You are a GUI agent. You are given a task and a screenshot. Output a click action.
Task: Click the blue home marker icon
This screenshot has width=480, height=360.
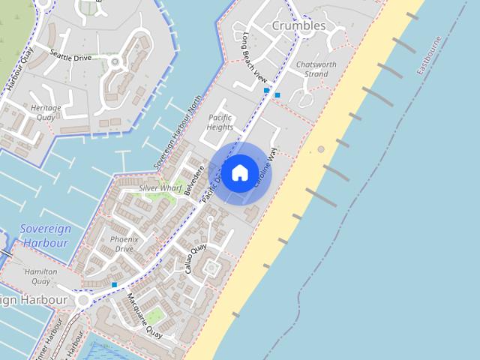(239, 172)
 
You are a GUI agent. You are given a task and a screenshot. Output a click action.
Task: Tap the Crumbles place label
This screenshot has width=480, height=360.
(299, 25)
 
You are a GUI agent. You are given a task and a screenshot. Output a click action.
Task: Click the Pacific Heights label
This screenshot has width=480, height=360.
(220, 122)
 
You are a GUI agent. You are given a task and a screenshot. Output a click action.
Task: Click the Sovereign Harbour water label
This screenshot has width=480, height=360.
(45, 235)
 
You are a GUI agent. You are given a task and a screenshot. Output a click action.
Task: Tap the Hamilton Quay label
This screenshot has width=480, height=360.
(40, 276)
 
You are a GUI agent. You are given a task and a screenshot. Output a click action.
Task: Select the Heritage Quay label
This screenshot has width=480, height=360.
(46, 112)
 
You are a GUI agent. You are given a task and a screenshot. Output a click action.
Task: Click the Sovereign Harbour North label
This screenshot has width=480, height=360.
(178, 131)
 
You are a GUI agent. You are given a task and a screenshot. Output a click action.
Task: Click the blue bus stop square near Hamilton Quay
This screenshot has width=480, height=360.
(114, 285)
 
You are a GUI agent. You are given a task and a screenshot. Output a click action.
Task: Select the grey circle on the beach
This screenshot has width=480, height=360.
(321, 149)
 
